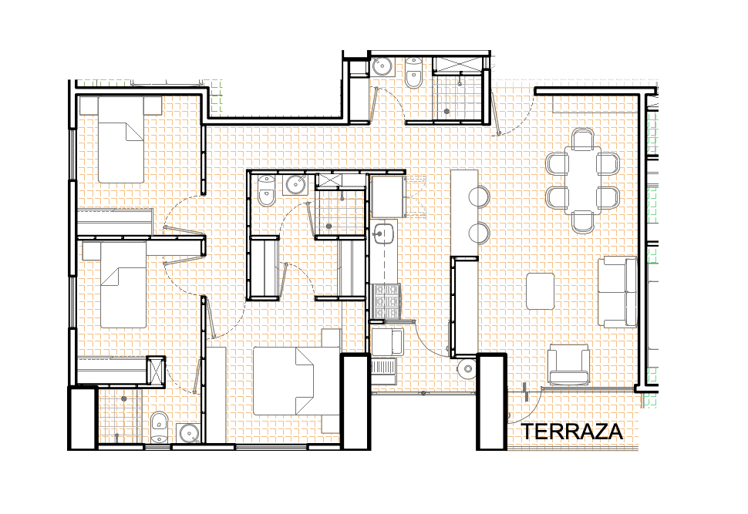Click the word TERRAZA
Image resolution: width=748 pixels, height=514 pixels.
[x=571, y=432]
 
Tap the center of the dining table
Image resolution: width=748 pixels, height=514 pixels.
[x=582, y=180]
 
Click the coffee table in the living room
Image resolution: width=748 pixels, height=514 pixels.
[x=540, y=291]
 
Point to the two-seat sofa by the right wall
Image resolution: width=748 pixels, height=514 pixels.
[x=618, y=292]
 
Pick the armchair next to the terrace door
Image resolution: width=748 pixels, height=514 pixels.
[x=568, y=365]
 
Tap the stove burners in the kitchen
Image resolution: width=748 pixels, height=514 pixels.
[x=386, y=301]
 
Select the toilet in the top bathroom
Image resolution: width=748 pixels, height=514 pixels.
[x=413, y=73]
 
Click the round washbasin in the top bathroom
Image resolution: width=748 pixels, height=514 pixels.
[x=382, y=66]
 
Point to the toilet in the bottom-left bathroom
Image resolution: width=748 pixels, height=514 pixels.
[x=158, y=427]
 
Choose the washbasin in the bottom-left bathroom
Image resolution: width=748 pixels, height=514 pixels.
[x=190, y=433]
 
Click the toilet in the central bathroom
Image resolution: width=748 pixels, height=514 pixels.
[x=266, y=190]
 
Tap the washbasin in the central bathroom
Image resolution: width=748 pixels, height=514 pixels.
[x=296, y=184]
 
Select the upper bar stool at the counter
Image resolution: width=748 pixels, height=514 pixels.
[x=478, y=197]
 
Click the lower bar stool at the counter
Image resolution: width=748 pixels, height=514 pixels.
[x=478, y=233]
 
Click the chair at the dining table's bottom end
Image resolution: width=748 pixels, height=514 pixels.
[x=582, y=222]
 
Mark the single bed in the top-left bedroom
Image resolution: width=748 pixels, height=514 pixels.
[x=121, y=139]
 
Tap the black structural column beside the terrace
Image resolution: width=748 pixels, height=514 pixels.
[x=491, y=401]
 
